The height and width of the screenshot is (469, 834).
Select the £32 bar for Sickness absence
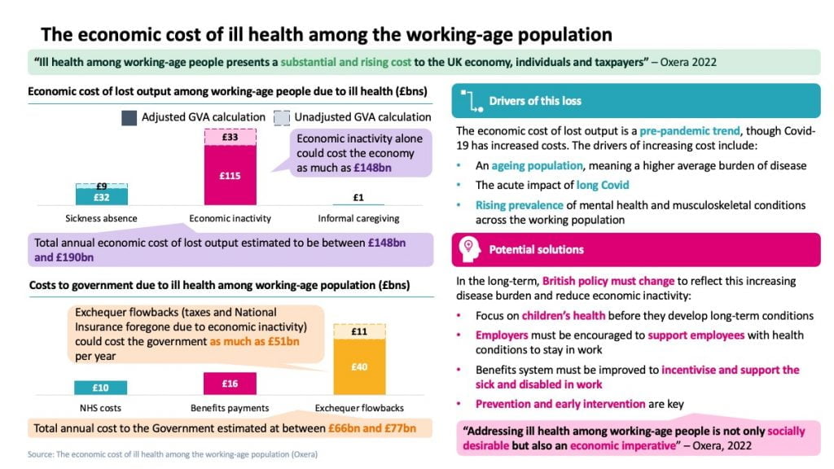tap(102, 196)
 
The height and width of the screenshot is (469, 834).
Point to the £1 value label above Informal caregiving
tap(358, 197)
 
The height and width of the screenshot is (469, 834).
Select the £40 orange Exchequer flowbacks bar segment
tap(358, 366)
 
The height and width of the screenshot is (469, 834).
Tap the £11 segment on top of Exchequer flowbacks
tap(358, 331)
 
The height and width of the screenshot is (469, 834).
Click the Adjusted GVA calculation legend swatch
tap(129, 117)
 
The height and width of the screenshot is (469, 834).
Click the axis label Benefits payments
tap(230, 407)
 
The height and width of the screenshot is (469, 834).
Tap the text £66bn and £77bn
tap(372, 428)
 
